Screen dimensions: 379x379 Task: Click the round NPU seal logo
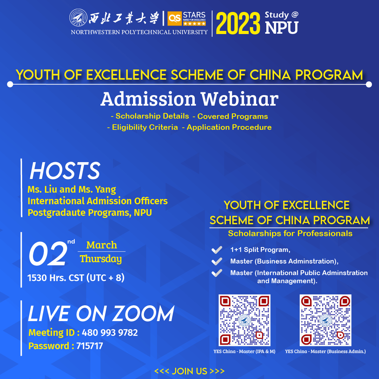(78, 18)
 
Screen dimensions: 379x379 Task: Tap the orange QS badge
(174, 18)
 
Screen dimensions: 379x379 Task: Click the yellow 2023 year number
(238, 24)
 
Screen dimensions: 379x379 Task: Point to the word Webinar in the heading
(240, 99)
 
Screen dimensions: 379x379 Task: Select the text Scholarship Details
(152, 116)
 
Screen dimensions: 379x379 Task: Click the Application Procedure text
(229, 127)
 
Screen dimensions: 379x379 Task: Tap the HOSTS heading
(65, 171)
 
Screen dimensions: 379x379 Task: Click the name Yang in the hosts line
(105, 190)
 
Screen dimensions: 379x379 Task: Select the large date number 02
(48, 254)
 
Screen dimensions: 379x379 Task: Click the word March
(101, 245)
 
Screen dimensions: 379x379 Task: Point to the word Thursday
(101, 259)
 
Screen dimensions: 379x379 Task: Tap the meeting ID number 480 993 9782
(110, 333)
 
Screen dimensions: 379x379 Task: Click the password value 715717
(90, 346)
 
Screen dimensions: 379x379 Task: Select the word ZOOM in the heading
(144, 314)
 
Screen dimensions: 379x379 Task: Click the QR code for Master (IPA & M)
(244, 320)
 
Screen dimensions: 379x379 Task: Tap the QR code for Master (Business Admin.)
(325, 320)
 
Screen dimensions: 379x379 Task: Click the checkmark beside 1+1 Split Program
(217, 250)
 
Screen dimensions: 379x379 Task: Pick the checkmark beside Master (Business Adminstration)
(217, 261)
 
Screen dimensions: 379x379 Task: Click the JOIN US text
(189, 371)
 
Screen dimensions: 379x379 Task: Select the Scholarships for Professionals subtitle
(290, 233)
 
